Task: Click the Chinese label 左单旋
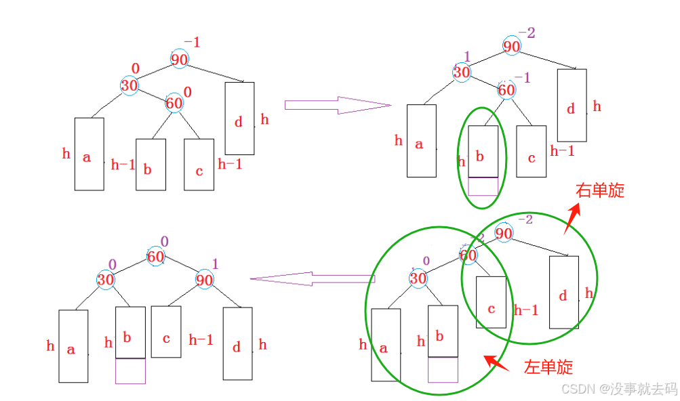548,367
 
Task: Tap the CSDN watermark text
618,388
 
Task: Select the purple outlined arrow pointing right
338,104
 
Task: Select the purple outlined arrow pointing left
312,278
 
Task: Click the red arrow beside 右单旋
572,218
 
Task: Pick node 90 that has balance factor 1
204,279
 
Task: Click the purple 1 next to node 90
216,263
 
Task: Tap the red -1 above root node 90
192,42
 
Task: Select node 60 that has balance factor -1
506,89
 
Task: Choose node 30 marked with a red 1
462,72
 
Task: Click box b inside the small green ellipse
483,151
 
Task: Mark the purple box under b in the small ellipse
483,186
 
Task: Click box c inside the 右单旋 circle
491,308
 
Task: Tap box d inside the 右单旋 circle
563,292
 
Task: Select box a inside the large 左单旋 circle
386,345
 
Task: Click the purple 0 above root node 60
163,240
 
